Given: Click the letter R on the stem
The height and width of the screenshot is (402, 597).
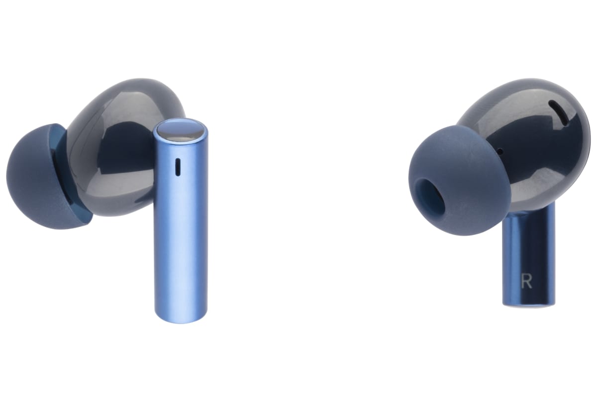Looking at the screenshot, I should coord(526,281).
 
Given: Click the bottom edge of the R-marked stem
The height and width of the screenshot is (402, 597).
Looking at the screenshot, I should coord(528,303).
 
